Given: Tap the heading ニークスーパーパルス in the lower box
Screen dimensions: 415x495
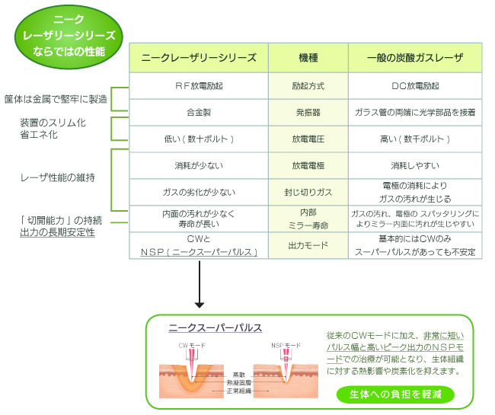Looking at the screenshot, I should tap(216, 327).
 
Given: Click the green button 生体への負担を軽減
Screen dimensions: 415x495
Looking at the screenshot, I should tap(394, 394).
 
